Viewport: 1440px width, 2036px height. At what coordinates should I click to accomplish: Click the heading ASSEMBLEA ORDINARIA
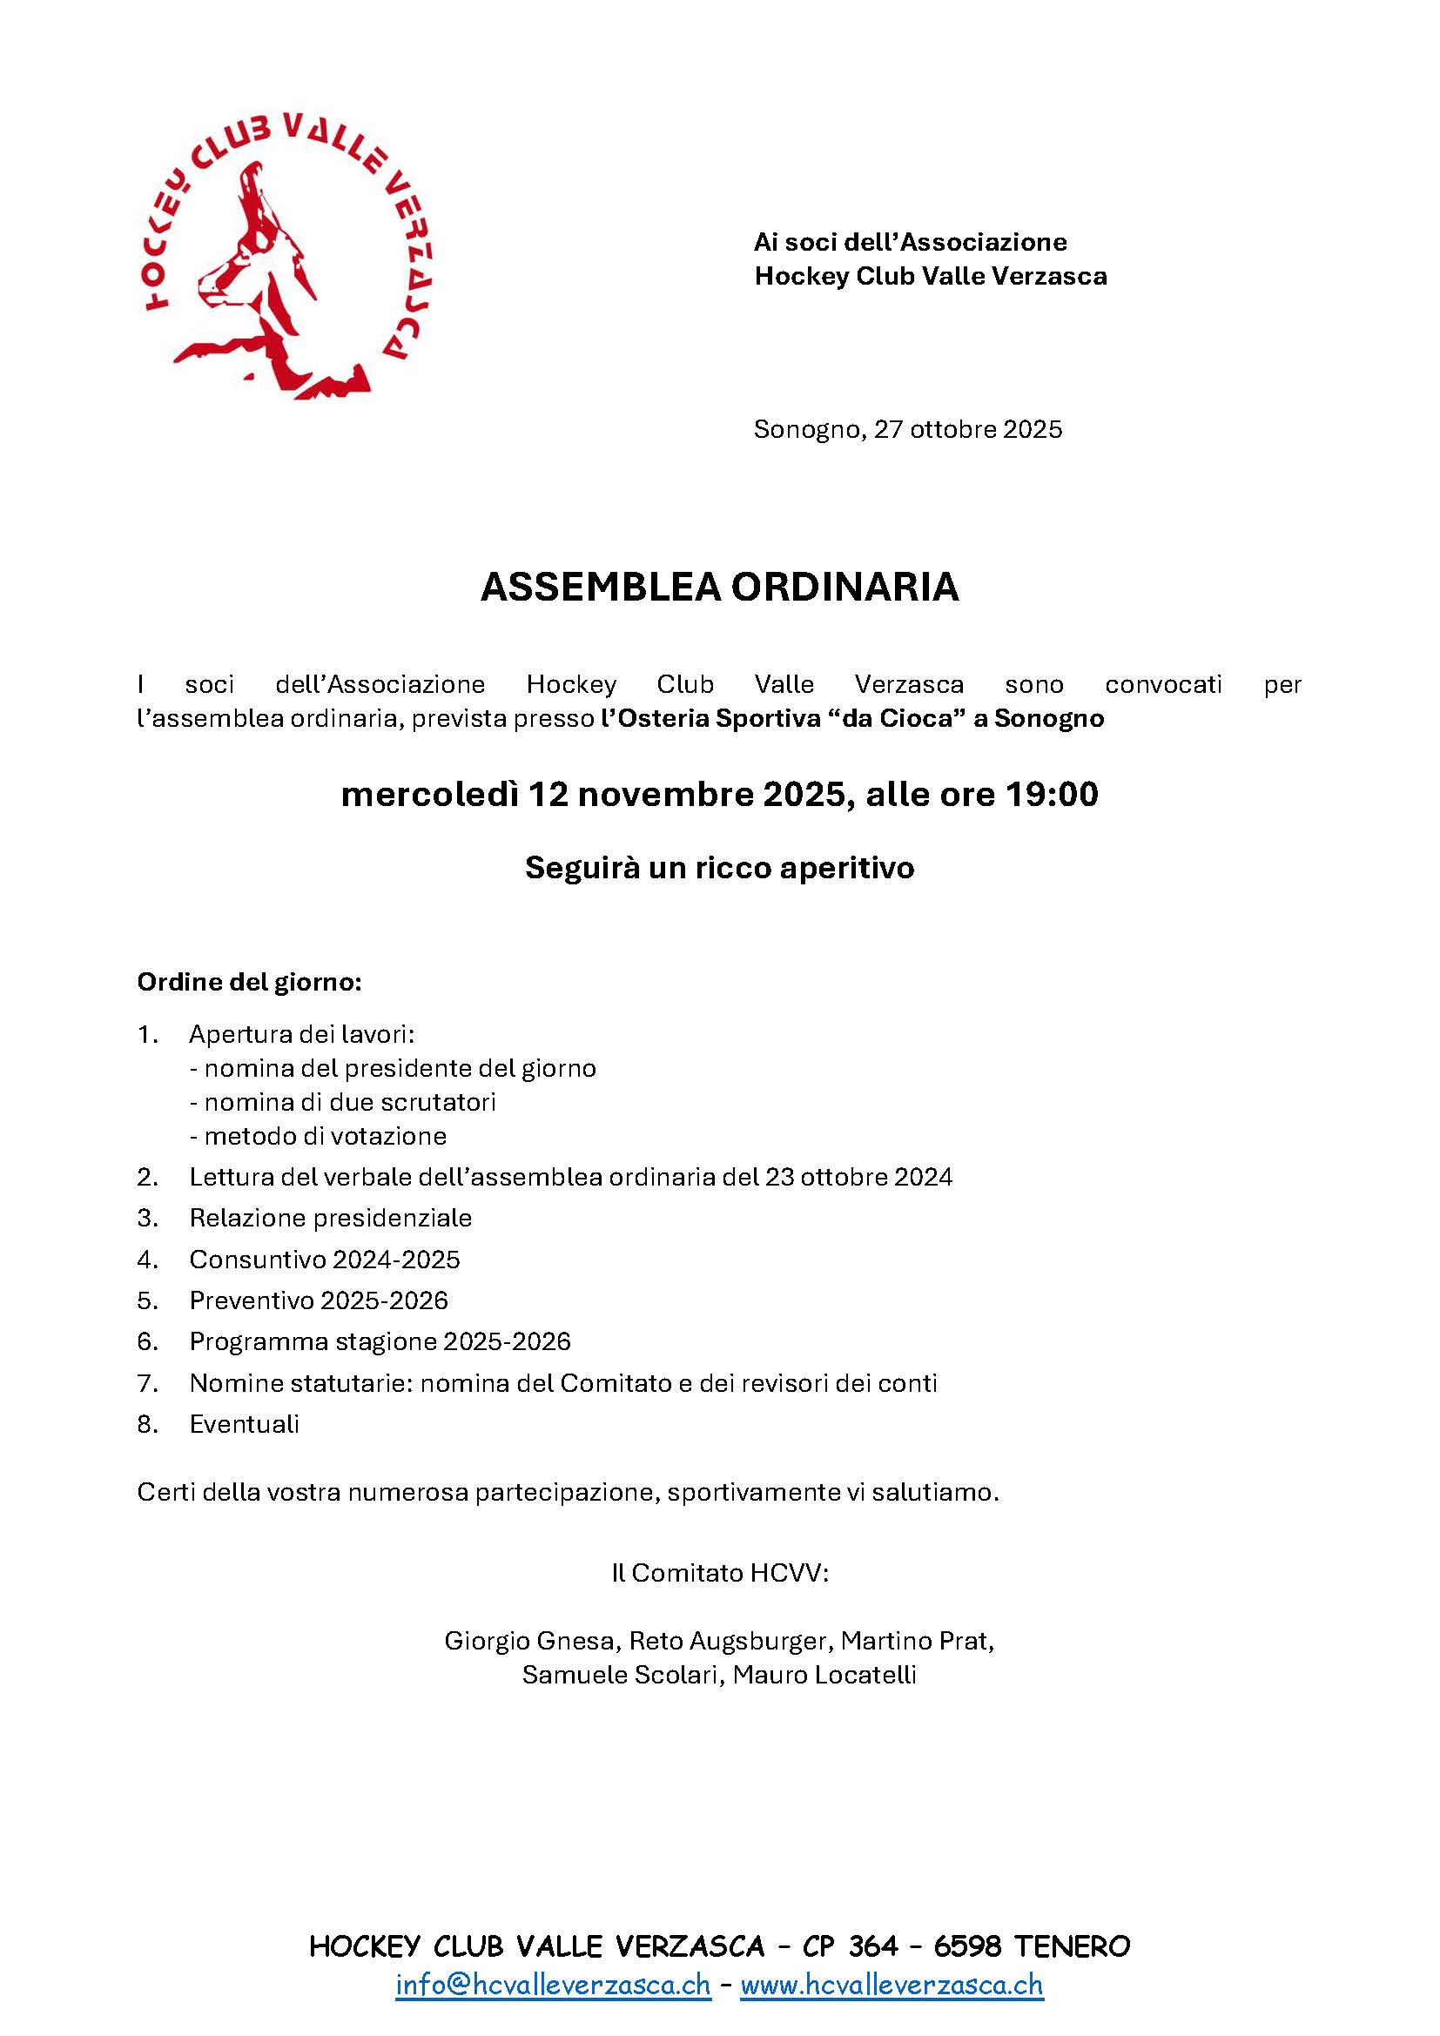coord(719,587)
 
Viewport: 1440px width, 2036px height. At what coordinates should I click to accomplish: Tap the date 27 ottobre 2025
coord(967,429)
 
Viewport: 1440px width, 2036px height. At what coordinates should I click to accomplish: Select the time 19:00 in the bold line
coord(1052,795)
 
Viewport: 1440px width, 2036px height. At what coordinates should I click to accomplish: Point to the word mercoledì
coord(429,795)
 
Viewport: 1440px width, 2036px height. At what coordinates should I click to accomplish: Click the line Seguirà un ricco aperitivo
coord(719,867)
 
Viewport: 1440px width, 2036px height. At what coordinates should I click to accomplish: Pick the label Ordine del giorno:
coord(249,983)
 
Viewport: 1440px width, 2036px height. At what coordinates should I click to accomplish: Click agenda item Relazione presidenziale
coord(330,1219)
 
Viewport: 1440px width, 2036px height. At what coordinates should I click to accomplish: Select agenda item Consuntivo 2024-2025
coord(325,1260)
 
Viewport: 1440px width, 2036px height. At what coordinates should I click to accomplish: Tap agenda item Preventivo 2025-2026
coord(319,1300)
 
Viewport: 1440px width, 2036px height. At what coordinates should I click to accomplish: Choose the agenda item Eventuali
coord(244,1424)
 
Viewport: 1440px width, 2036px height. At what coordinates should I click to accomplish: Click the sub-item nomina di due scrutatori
coord(343,1102)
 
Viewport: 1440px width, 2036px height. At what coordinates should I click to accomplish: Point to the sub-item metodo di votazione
coord(319,1136)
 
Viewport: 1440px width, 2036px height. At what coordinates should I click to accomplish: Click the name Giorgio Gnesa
coord(529,1641)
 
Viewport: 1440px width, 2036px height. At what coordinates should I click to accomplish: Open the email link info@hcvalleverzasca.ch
coord(554,1985)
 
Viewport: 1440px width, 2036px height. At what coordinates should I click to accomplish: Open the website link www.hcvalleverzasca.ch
coord(892,1985)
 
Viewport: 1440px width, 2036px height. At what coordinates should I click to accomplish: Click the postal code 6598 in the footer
coord(966,1946)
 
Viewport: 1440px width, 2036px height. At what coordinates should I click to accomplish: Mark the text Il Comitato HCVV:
coord(719,1572)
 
